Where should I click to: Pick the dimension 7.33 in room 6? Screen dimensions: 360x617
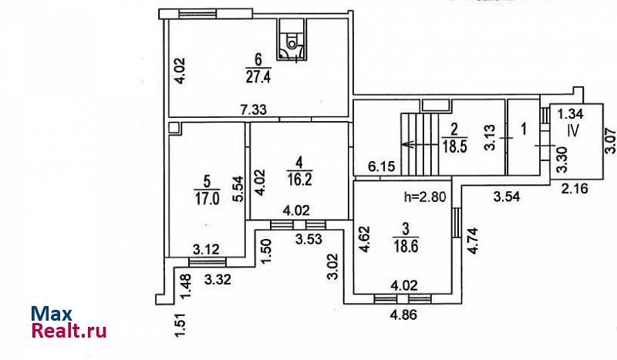254,110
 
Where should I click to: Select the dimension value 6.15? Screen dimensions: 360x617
381,166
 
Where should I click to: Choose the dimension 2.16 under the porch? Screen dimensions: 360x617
572,189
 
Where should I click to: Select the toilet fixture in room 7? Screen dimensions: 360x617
292,42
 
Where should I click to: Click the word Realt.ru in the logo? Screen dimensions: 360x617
69,331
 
